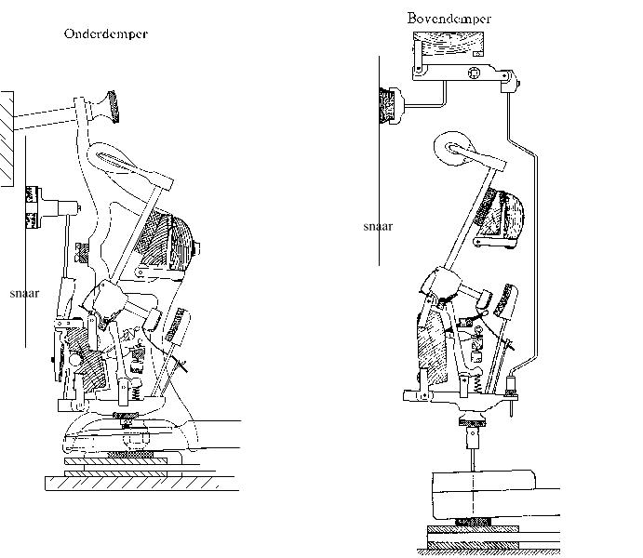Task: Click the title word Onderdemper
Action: tap(106, 33)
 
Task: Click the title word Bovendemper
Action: tap(449, 19)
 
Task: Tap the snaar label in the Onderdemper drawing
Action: tap(24, 293)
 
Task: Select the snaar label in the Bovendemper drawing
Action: tap(378, 226)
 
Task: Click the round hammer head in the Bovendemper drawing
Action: tap(452, 148)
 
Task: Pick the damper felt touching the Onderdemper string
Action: tap(32, 206)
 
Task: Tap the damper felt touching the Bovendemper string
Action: tap(386, 105)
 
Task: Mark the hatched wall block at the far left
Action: tap(7, 139)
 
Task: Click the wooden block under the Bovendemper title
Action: tap(449, 45)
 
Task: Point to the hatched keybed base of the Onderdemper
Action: tap(141, 484)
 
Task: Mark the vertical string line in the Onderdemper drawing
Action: tap(26, 242)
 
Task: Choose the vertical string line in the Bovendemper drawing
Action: tap(379, 161)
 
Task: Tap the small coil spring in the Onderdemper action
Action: tap(138, 393)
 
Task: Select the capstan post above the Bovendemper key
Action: tap(473, 437)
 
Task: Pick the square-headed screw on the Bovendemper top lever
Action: tap(474, 73)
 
